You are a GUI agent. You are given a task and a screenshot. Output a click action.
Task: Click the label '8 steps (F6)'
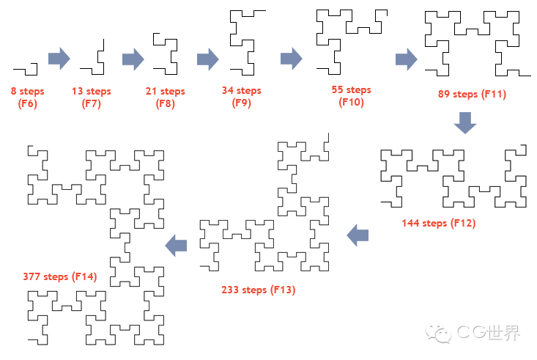click(x=27, y=98)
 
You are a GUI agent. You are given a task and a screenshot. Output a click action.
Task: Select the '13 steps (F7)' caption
click(x=92, y=98)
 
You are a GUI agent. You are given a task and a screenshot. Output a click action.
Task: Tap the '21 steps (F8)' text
click(x=166, y=98)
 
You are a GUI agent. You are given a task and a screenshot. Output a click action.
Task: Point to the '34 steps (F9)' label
click(x=242, y=97)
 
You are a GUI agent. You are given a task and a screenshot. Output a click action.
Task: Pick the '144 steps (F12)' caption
click(x=439, y=223)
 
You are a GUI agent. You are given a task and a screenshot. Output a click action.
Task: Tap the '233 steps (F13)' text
click(x=258, y=290)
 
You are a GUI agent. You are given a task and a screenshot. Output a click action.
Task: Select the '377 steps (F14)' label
click(x=60, y=276)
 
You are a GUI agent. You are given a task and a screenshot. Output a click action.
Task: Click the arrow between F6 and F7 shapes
click(x=59, y=59)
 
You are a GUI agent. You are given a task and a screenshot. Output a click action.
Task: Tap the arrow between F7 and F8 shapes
click(x=133, y=59)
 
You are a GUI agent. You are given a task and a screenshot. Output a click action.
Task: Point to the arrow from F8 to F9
click(x=208, y=59)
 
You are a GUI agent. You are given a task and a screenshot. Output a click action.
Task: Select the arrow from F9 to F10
click(x=291, y=59)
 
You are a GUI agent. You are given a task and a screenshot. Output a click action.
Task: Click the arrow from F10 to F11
click(x=406, y=59)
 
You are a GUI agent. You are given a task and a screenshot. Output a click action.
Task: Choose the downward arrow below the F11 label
click(x=465, y=122)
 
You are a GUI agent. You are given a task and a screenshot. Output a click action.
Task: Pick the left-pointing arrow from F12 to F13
click(x=358, y=235)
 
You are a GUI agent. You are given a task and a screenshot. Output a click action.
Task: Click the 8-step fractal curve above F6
click(x=27, y=69)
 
